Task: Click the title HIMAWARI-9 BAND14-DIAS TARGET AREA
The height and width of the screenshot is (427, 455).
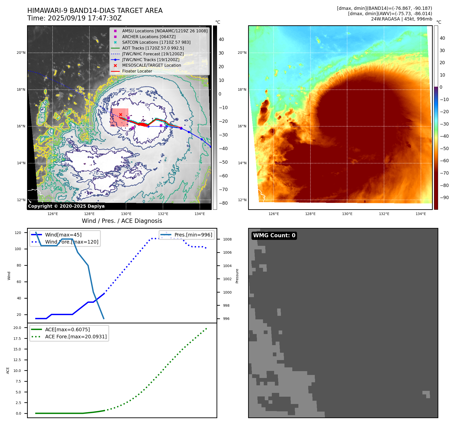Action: coord(95,11)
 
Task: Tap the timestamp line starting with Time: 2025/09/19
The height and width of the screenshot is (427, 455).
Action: coord(75,18)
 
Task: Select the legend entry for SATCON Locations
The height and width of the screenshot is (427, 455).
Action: coord(156,42)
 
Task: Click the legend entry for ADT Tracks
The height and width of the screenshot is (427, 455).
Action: coord(153,48)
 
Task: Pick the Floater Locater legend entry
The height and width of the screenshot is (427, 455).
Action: coord(137,71)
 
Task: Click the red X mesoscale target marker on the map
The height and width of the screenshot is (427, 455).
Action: coord(121,115)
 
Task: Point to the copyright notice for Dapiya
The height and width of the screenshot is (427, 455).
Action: coord(66,206)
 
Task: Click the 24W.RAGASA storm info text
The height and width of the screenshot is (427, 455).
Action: coord(401,19)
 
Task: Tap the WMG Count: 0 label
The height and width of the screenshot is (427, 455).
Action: coord(274,235)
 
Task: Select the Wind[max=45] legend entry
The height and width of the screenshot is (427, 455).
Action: coord(63,235)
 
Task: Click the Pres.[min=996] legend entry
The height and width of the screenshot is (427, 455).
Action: coord(193,235)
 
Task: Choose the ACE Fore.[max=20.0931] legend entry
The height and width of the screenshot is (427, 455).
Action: coord(76,337)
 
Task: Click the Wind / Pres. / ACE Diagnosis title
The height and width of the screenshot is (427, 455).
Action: coord(122,221)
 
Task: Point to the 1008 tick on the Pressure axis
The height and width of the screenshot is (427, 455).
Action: coord(227,239)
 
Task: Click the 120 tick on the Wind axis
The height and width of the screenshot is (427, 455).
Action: coord(18,233)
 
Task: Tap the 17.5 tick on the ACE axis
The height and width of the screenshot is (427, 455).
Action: coord(17,339)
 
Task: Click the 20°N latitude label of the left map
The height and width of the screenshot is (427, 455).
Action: coord(21,53)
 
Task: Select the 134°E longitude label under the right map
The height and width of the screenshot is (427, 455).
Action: coord(421,214)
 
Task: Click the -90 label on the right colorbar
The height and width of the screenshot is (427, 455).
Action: coord(444,198)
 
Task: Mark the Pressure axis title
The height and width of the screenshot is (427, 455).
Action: coord(237,276)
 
